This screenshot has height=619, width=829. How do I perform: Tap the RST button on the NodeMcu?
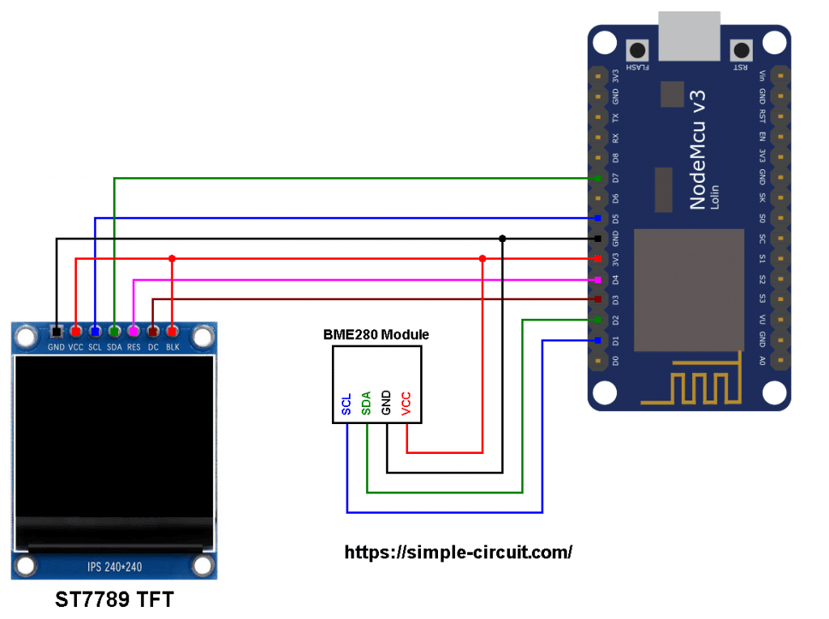tap(739, 49)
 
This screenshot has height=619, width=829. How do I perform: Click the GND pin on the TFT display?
tap(56, 332)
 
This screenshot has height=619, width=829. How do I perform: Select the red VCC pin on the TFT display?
tap(75, 332)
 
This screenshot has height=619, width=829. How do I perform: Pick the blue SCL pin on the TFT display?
tap(95, 332)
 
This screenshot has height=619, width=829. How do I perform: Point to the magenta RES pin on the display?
tap(133, 332)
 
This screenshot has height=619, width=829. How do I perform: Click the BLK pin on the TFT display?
tap(172, 332)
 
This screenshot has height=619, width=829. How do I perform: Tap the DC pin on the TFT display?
tap(152, 332)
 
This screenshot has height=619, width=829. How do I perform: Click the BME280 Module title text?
tap(376, 334)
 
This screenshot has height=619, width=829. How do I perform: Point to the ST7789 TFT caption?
tap(114, 600)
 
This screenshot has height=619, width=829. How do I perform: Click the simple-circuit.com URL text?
tap(458, 553)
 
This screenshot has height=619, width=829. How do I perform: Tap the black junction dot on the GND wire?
tap(502, 239)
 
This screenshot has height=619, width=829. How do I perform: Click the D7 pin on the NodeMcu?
tap(597, 178)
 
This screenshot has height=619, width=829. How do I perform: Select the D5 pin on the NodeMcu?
tap(597, 218)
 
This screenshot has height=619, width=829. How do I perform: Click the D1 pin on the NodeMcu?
tap(597, 340)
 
